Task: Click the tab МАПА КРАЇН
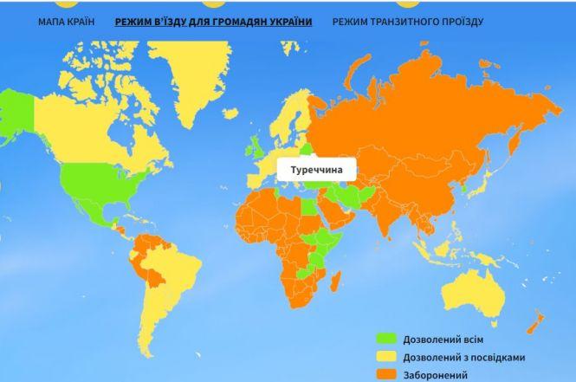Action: pyautogui.click(x=66, y=21)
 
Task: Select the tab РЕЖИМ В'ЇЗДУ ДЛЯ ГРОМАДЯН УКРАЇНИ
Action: pyautogui.click(x=213, y=21)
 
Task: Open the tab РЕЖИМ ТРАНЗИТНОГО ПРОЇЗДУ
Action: pyautogui.click(x=407, y=21)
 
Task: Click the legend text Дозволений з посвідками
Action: pyautogui.click(x=463, y=357)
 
